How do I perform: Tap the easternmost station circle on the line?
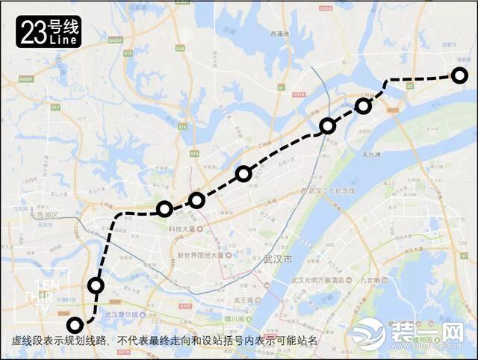pyautogui.click(x=459, y=75)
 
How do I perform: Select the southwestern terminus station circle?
pyautogui.click(x=75, y=325)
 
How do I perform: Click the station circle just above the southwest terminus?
pyautogui.click(x=96, y=285)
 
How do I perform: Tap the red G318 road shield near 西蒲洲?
pyautogui.click(x=299, y=95)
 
